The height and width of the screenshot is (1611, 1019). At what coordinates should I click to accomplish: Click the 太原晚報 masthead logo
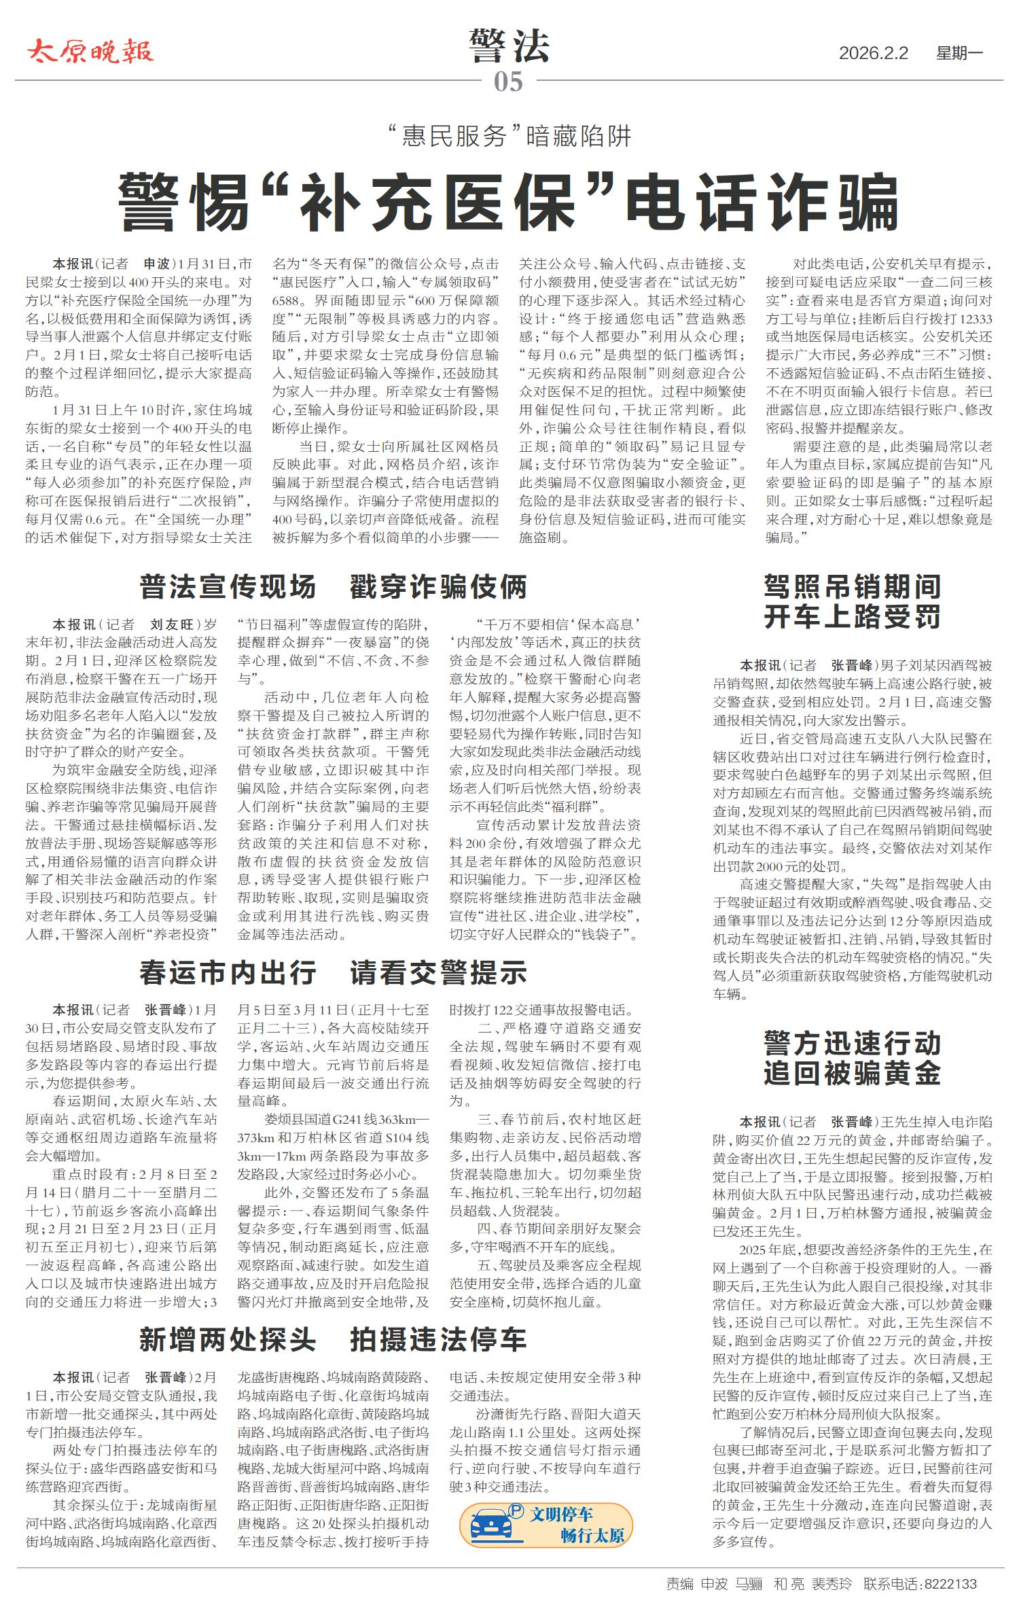point(90,52)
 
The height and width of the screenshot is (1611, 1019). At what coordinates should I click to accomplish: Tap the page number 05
point(508,82)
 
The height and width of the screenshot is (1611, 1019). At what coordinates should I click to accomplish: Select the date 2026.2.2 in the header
point(873,53)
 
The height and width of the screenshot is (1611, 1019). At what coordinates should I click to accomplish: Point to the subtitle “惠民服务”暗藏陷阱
point(509,137)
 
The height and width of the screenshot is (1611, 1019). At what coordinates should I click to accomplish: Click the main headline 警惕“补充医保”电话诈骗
point(509,202)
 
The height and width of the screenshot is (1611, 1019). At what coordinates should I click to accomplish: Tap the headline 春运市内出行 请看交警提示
point(333,972)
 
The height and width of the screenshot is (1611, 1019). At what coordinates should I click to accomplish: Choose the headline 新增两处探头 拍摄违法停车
point(333,1339)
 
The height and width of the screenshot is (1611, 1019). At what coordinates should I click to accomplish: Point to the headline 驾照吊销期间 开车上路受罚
point(852,601)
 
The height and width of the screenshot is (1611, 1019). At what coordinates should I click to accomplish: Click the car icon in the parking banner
point(491,1524)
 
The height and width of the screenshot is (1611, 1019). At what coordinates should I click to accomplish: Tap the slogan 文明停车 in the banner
point(561,1514)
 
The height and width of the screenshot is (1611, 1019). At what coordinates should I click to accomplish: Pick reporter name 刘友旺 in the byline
point(171,624)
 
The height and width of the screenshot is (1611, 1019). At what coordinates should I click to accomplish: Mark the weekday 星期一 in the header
point(959,53)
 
